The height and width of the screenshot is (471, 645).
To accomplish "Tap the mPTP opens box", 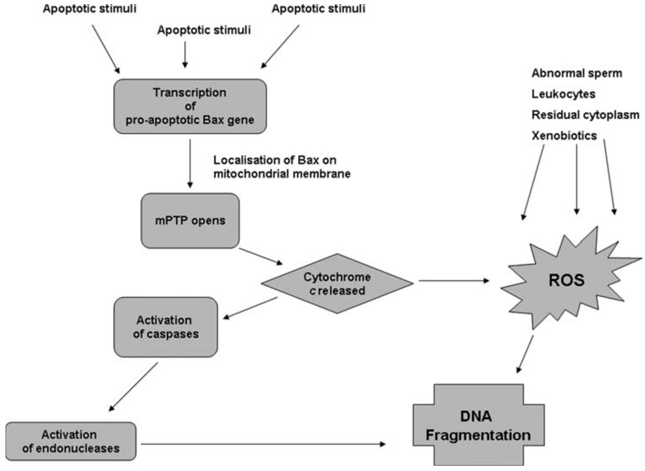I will pyautogui.click(x=190, y=221).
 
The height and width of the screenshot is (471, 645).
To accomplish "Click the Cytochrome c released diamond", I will pyautogui.click(x=337, y=284).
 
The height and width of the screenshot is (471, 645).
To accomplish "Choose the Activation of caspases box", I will pyautogui.click(x=166, y=327).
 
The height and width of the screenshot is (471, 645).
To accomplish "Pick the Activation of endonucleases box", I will pyautogui.click(x=71, y=441).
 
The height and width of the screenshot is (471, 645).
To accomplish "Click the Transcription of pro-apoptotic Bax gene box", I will pyautogui.click(x=190, y=106).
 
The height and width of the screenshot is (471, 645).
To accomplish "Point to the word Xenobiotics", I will pyautogui.click(x=564, y=136).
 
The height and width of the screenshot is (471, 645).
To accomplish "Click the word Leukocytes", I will pyautogui.click(x=563, y=94).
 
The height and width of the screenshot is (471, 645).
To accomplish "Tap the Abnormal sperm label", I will pyautogui.click(x=577, y=73).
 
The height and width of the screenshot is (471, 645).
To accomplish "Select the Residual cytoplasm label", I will pyautogui.click(x=585, y=115).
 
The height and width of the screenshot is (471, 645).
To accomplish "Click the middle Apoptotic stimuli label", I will pyautogui.click(x=204, y=30).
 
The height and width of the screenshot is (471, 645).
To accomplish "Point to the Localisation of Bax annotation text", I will pyautogui.click(x=282, y=167).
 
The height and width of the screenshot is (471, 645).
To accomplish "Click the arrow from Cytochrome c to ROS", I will pyautogui.click(x=454, y=281).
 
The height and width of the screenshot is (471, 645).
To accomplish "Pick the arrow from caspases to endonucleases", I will pyautogui.click(x=133, y=387).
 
